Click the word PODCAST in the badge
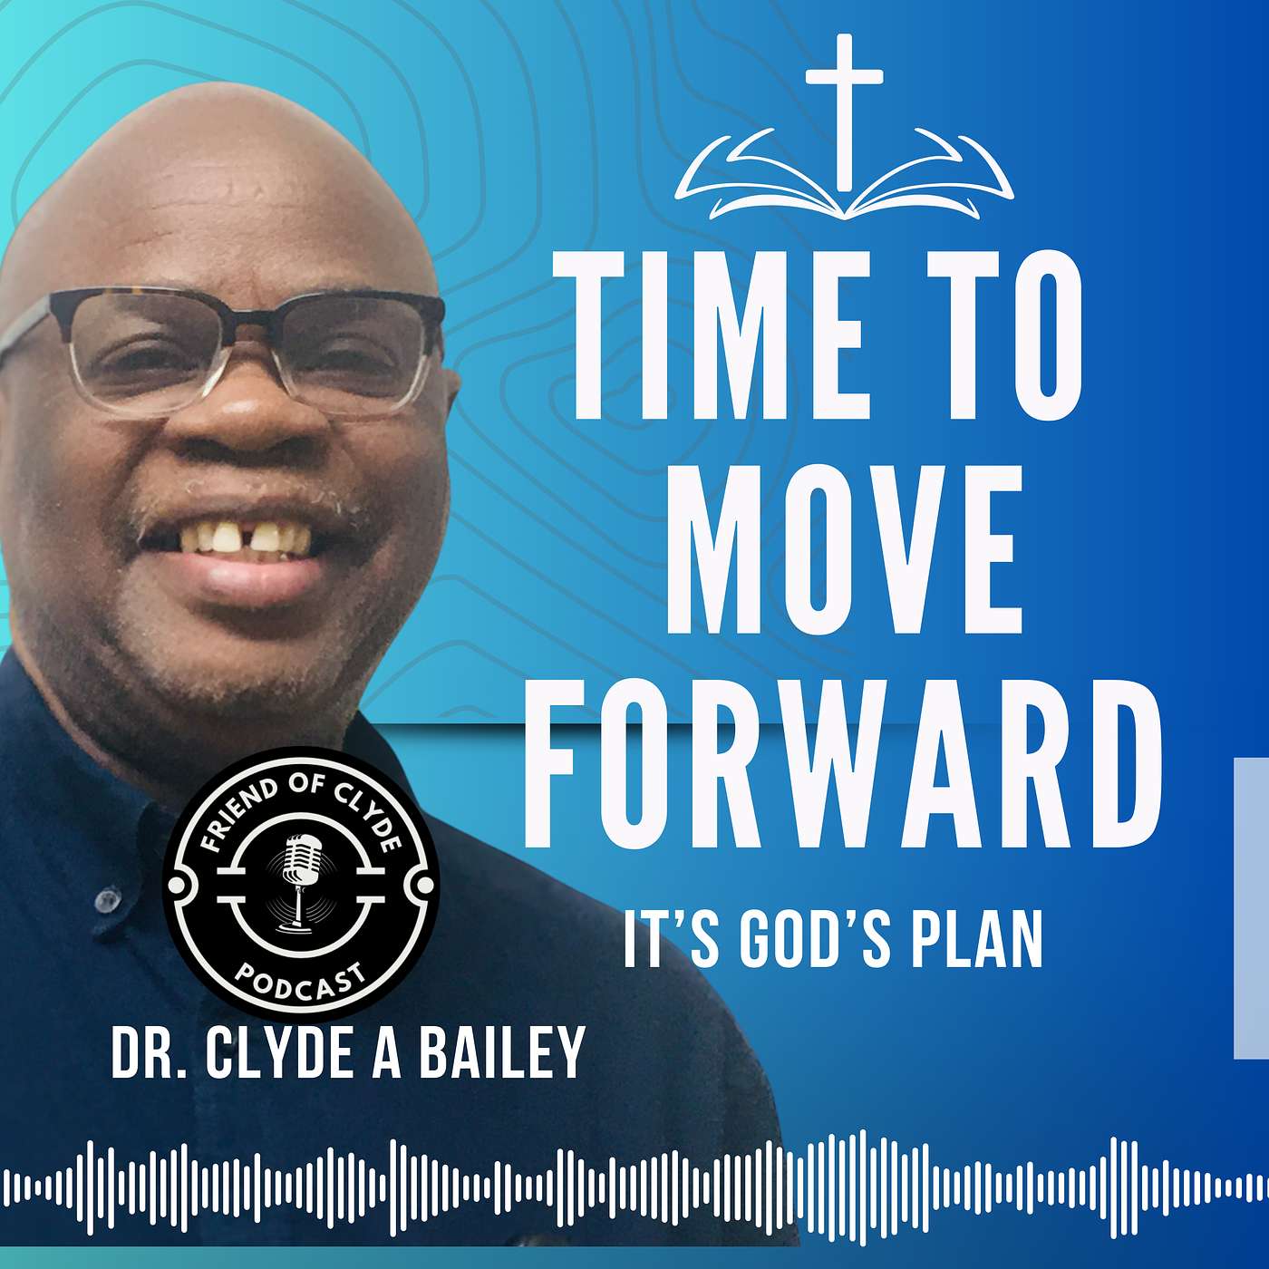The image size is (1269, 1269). coord(301,982)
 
